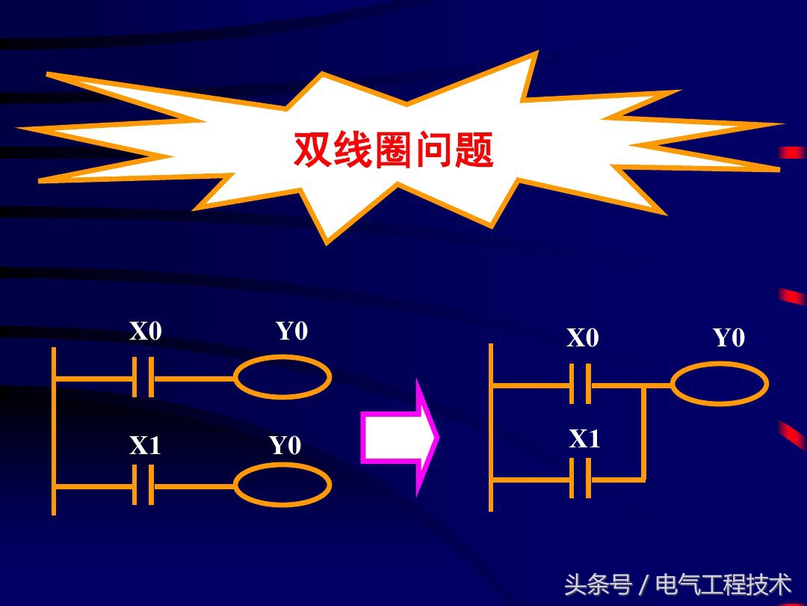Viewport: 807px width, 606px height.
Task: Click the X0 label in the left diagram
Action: pos(145,331)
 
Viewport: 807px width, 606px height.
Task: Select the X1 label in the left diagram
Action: pos(145,446)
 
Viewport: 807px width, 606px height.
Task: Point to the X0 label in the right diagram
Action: pos(582,338)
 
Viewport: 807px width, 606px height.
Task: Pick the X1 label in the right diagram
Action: pos(584,439)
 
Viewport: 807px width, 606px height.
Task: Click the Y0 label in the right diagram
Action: pos(729,338)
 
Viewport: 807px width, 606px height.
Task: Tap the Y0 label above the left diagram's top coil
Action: pos(291,331)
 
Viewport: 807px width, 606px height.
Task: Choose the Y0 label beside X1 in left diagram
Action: pos(285,446)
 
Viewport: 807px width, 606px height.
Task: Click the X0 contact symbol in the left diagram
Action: pos(143,378)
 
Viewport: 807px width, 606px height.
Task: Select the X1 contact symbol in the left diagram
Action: pos(143,486)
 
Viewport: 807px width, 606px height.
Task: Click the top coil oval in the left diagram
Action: pos(282,378)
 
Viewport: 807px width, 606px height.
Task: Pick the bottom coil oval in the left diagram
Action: pos(282,486)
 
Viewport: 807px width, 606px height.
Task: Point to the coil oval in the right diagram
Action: pos(719,385)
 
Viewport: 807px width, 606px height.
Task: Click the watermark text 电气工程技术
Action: pos(723,584)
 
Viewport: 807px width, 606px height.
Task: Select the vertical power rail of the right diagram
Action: pos(491,426)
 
